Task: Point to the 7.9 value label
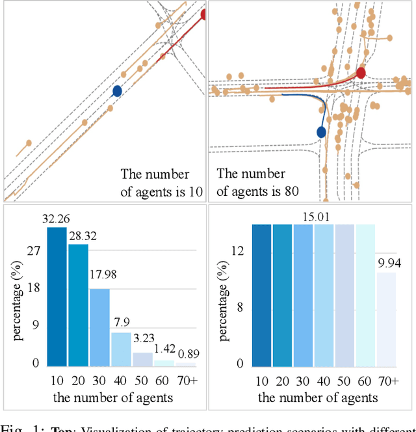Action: tap(120, 324)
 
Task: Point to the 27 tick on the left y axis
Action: tap(34, 251)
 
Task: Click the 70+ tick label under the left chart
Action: tap(185, 381)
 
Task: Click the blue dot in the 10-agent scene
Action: tap(117, 91)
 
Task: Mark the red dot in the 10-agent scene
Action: tap(205, 14)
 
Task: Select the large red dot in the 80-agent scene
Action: tap(361, 73)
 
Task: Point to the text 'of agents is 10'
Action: tap(162, 191)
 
